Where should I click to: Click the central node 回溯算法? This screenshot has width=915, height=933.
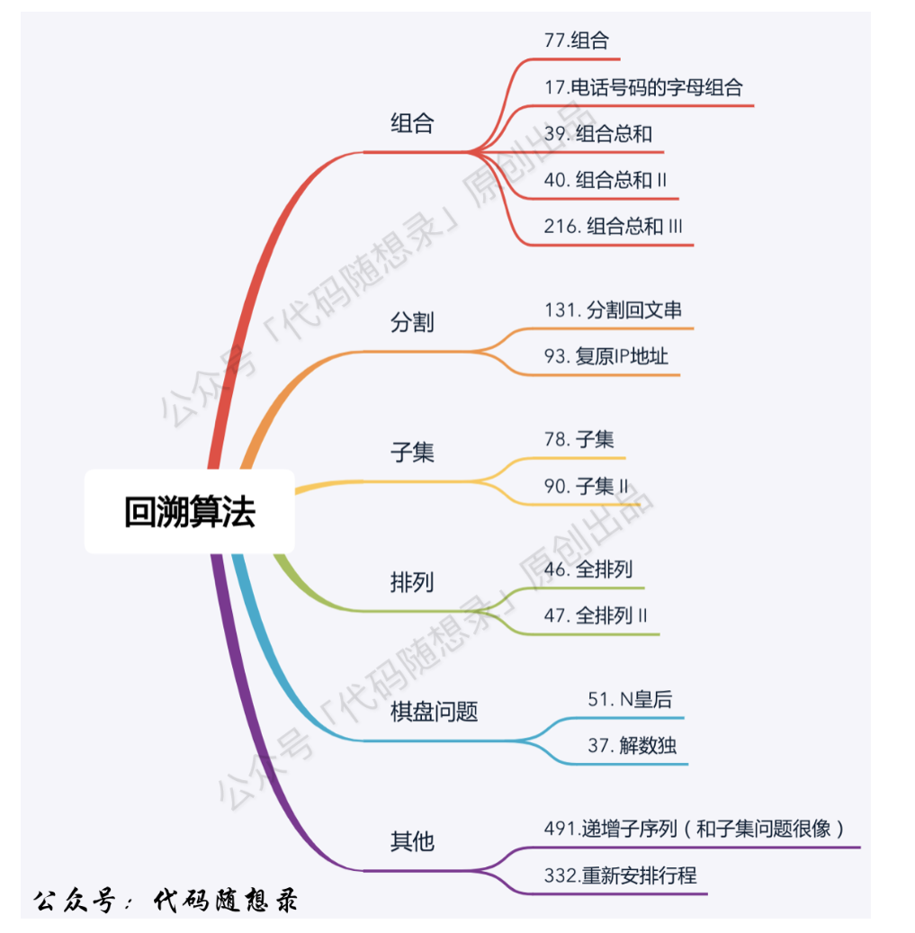tap(190, 511)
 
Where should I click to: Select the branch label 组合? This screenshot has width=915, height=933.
tap(412, 123)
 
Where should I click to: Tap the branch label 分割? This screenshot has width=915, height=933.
tap(412, 321)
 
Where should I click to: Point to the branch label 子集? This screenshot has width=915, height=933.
tap(412, 452)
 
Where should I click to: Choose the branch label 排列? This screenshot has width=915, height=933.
tap(412, 581)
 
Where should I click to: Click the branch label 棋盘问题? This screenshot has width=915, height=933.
tap(434, 712)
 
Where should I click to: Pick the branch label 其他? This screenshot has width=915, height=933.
tap(412, 841)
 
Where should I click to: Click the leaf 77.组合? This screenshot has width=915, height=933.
tap(576, 40)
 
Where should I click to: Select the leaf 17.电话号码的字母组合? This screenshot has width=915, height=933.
tap(643, 87)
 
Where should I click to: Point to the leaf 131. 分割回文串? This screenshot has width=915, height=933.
tap(613, 310)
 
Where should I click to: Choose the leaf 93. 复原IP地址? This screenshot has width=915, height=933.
tap(606, 356)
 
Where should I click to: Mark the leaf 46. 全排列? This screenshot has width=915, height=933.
tap(588, 569)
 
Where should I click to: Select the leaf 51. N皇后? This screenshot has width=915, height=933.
tap(630, 699)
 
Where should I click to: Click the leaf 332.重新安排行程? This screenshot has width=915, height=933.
tap(620, 875)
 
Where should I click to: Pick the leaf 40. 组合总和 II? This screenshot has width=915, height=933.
tap(606, 180)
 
